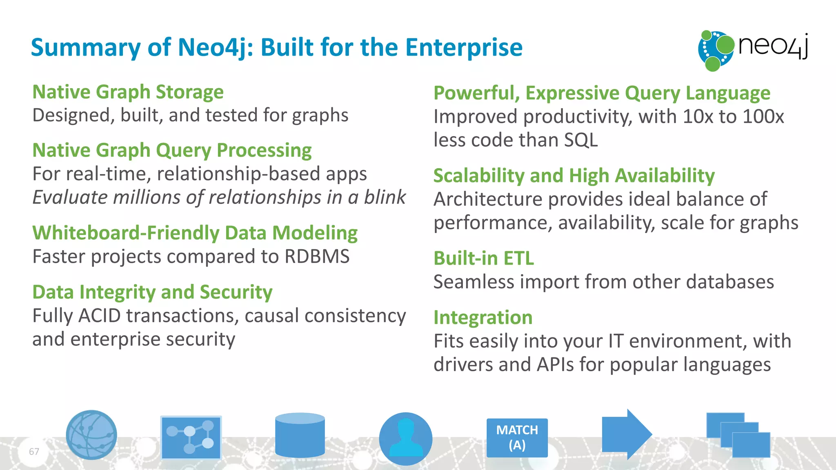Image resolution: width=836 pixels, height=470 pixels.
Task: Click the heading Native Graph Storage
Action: [x=128, y=92]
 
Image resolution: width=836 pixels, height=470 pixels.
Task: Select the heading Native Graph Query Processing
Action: [x=172, y=150]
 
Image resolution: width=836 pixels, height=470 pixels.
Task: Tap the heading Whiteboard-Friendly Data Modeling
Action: [x=195, y=233]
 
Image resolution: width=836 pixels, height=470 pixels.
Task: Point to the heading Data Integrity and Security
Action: [x=152, y=292]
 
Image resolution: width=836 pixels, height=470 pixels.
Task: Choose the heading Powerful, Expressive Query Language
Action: [x=602, y=93]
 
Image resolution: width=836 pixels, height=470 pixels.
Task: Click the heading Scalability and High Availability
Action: [x=574, y=176]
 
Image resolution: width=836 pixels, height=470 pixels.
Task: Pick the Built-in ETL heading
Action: [x=483, y=258]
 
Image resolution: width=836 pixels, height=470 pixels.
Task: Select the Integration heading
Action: [x=483, y=317]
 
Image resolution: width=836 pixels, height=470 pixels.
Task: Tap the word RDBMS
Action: [x=317, y=257]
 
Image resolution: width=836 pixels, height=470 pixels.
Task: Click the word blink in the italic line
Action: [x=385, y=197]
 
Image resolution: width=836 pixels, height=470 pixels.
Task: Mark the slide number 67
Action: [x=34, y=452]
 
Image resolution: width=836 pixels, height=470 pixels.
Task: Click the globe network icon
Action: [x=91, y=435]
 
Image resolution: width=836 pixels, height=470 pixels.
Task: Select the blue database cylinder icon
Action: [x=300, y=435]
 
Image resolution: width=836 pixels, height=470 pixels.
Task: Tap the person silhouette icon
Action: [x=405, y=439]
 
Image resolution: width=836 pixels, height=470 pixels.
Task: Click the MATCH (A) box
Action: [x=517, y=438]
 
